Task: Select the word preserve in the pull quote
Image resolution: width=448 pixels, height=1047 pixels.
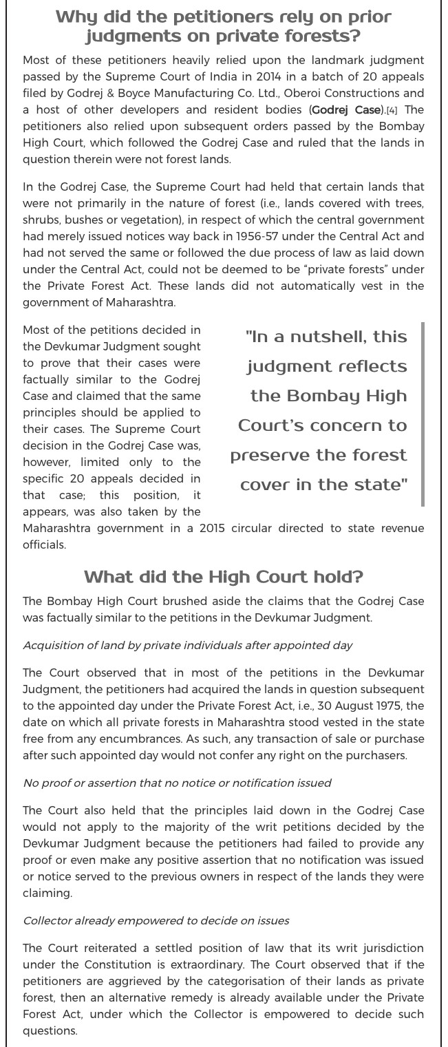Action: pos(269,455)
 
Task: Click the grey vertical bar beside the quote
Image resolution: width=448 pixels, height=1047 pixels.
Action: pos(422,414)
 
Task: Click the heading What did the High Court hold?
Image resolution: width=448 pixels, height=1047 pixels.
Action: pos(224,575)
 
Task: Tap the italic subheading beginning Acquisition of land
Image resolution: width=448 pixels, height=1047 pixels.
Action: pos(187,645)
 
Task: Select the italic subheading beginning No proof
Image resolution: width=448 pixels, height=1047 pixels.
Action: pos(177,782)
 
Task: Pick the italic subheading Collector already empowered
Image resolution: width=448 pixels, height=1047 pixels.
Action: pos(156,920)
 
